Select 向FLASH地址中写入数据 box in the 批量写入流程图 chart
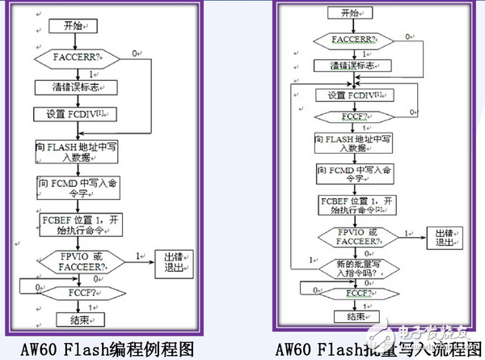click(x=356, y=145)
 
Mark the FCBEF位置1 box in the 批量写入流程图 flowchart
click(x=356, y=205)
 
